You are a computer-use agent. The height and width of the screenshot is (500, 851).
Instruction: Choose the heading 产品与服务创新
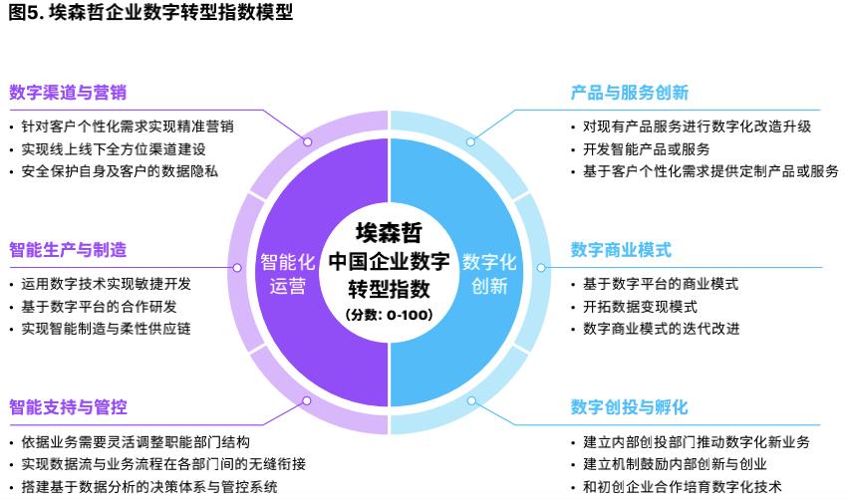[629, 93]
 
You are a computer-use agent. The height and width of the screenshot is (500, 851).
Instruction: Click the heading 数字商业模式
[621, 249]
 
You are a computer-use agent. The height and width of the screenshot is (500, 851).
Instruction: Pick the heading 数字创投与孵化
[629, 406]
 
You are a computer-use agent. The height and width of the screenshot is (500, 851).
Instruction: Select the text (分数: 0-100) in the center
[389, 315]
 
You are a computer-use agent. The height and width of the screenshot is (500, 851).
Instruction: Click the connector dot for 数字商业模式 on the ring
[541, 268]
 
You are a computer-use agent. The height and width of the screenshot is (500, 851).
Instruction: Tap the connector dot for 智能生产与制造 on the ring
[235, 268]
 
